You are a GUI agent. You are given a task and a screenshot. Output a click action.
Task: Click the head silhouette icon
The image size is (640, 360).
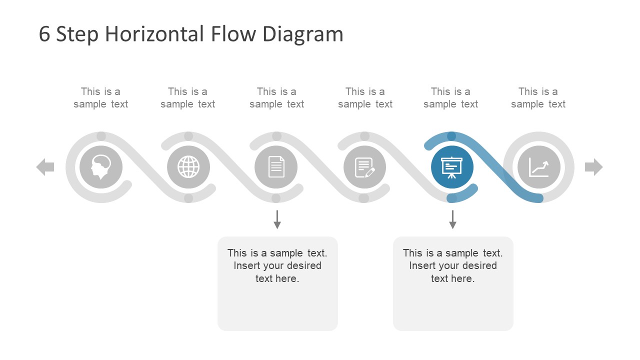pyautogui.click(x=101, y=167)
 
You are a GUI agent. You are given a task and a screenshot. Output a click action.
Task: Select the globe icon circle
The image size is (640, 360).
pyautogui.click(x=188, y=167)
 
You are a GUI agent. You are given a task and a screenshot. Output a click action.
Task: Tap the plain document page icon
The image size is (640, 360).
pyautogui.click(x=276, y=167)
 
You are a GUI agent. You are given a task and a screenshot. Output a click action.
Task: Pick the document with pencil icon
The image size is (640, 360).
pyautogui.click(x=365, y=167)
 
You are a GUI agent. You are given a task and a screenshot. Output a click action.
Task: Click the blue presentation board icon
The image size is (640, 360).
pyautogui.click(x=452, y=167)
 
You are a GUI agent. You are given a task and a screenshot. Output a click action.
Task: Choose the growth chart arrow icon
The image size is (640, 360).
pyautogui.click(x=538, y=167)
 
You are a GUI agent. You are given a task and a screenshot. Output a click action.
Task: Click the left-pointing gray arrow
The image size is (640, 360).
pyautogui.click(x=45, y=167)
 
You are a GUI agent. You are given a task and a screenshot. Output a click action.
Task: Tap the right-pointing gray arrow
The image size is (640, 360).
pyautogui.click(x=594, y=167)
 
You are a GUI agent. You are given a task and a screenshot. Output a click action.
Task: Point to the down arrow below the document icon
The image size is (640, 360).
pyautogui.click(x=277, y=219)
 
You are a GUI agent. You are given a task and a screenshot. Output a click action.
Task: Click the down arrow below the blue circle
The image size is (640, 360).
pyautogui.click(x=452, y=219)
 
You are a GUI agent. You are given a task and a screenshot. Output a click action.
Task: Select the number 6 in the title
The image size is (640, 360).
pyautogui.click(x=44, y=34)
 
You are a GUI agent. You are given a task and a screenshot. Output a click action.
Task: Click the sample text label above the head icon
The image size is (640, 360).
pyautogui.click(x=100, y=98)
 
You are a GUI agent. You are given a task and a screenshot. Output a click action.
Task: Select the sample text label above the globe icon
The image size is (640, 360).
pyautogui.click(x=187, y=98)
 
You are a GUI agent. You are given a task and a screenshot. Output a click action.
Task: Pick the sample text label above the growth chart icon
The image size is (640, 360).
pyautogui.click(x=538, y=98)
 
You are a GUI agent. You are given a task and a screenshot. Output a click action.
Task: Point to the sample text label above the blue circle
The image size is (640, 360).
pyautogui.click(x=450, y=98)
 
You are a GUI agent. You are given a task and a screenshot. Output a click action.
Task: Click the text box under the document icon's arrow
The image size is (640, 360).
pyautogui.click(x=277, y=283)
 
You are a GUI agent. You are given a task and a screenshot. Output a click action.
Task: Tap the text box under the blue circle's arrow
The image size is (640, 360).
pyautogui.click(x=453, y=283)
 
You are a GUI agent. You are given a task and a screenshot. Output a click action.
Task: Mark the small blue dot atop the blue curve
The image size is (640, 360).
pyautogui.click(x=451, y=136)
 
